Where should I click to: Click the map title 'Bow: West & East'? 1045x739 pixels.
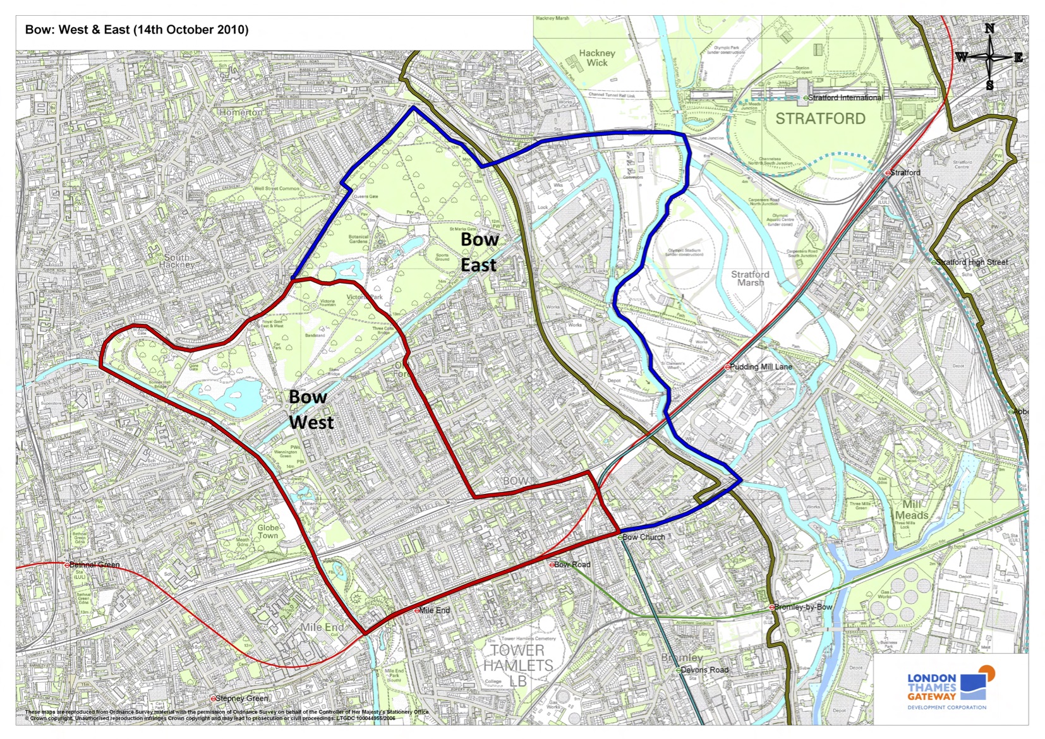pyautogui.click(x=136, y=30)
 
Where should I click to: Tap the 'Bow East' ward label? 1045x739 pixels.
pyautogui.click(x=479, y=252)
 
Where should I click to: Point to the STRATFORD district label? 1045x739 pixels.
pyautogui.click(x=820, y=119)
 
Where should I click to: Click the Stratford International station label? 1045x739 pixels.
pyautogui.click(x=845, y=98)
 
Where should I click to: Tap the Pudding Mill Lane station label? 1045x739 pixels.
pyautogui.click(x=760, y=366)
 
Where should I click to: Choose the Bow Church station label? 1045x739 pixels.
pyautogui.click(x=643, y=537)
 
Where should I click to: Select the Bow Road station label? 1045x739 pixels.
pyautogui.click(x=572, y=564)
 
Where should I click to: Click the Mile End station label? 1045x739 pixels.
pyautogui.click(x=434, y=610)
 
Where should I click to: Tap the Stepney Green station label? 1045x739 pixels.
pyautogui.click(x=241, y=699)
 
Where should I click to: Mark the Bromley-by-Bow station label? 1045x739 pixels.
pyautogui.click(x=802, y=607)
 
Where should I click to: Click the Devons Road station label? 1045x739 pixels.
pyautogui.click(x=704, y=670)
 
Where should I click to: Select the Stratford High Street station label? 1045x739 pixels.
pyautogui.click(x=971, y=262)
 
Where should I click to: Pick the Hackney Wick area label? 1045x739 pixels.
pyautogui.click(x=596, y=58)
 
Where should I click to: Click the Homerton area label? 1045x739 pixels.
pyautogui.click(x=241, y=112)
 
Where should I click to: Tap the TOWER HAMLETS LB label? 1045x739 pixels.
pyautogui.click(x=518, y=665)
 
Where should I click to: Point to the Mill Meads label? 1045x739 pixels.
pyautogui.click(x=911, y=510)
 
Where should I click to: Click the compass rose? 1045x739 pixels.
pyautogui.click(x=989, y=57)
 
